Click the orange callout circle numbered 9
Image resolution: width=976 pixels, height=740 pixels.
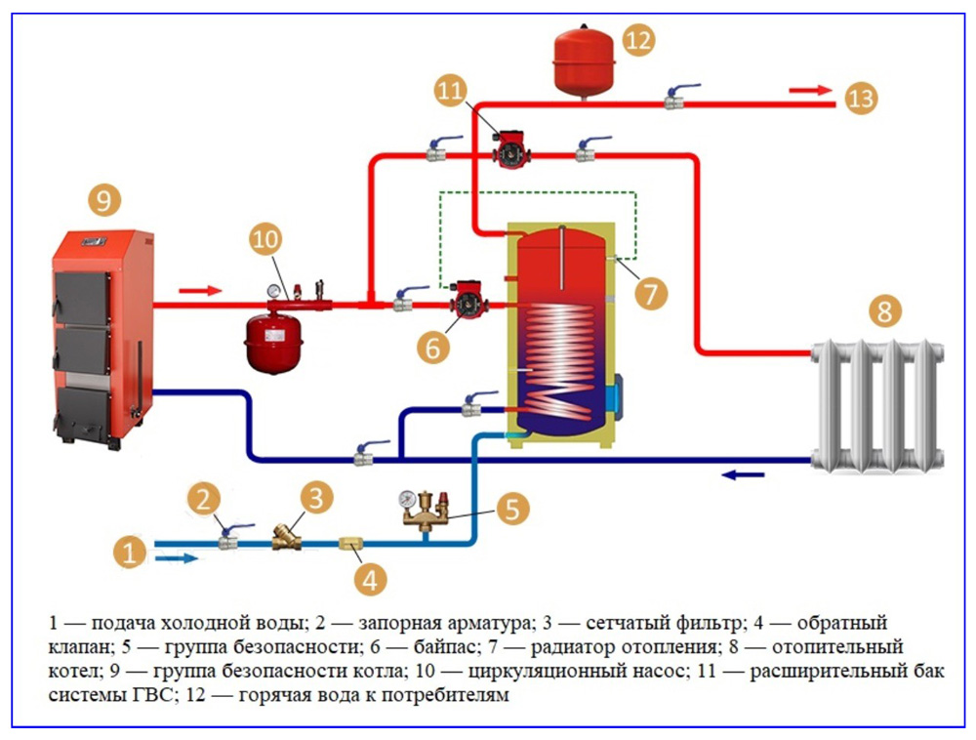[104, 201]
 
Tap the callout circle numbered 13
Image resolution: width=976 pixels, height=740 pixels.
[862, 98]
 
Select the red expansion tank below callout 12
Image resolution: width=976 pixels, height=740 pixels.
[583, 60]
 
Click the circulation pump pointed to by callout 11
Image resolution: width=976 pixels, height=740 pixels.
[508, 150]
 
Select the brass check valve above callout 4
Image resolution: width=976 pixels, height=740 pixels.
[351, 542]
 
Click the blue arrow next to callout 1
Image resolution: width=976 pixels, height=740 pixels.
[177, 558]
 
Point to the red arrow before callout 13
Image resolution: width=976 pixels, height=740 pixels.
[807, 90]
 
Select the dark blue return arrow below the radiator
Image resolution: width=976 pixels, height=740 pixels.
[744, 475]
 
